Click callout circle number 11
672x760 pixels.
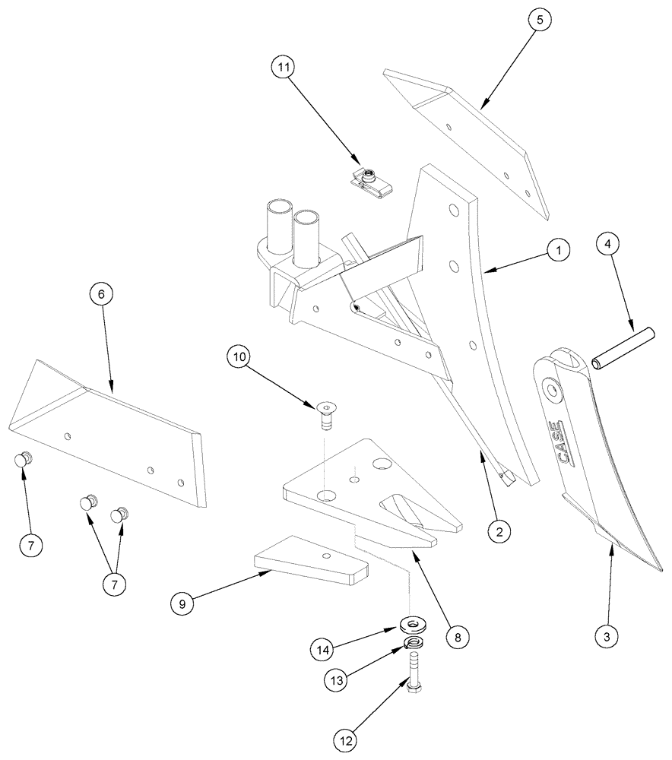284,68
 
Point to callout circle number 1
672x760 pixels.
557,249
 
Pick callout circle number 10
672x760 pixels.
239,357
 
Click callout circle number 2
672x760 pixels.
499,532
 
